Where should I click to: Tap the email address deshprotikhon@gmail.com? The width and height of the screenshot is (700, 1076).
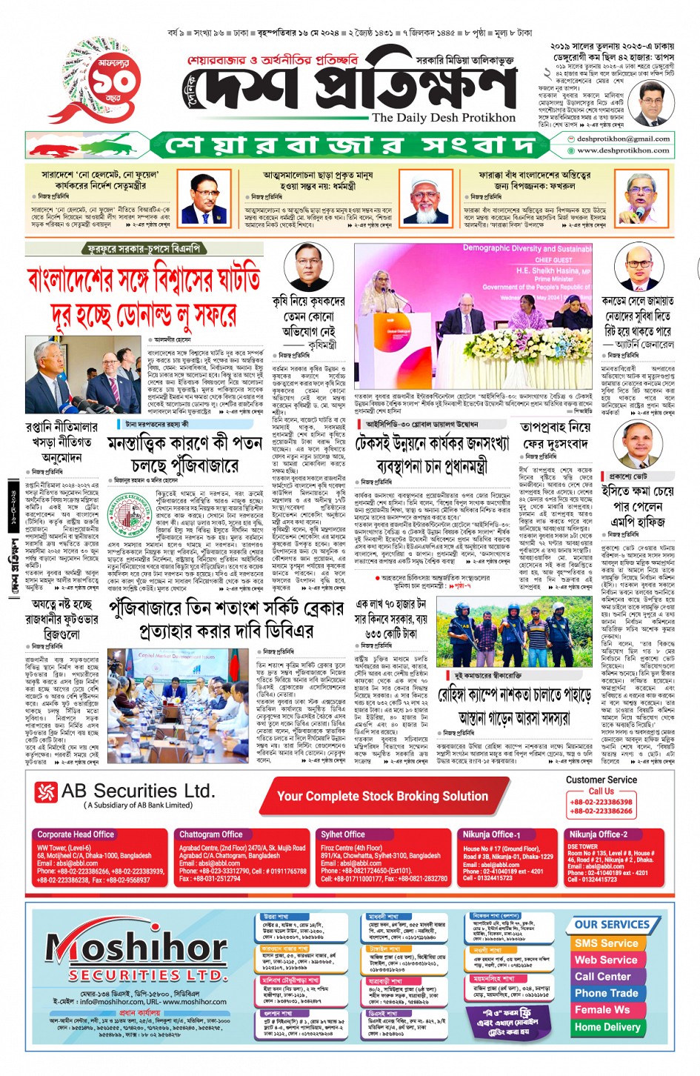623,139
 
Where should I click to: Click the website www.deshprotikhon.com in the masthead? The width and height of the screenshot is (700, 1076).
623,150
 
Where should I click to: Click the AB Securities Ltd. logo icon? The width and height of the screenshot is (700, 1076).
46,792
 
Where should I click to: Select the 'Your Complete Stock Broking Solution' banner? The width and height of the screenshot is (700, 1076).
382,796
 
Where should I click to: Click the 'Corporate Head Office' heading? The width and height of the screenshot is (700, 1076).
76,834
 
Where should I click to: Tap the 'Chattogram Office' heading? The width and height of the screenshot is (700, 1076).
210,834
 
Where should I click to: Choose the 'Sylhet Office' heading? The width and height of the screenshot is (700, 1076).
342,834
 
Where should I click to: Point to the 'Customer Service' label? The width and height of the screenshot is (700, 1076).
601,780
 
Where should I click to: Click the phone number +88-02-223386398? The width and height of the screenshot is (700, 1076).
601,802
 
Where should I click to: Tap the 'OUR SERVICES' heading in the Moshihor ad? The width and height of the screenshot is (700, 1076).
612,924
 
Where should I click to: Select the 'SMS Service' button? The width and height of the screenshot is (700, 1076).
606,943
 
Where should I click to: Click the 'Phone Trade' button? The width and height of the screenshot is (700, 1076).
606,993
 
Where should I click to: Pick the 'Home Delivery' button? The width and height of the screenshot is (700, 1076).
607,1027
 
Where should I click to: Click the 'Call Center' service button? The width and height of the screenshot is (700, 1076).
603,977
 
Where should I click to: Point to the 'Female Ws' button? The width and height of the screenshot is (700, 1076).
602,1010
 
